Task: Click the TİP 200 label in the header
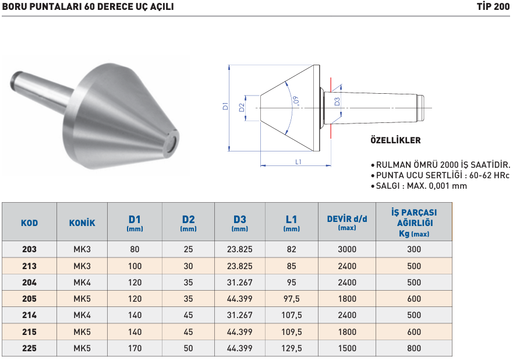click(493, 6)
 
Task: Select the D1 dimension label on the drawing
click(225, 106)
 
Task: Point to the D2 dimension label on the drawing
click(242, 108)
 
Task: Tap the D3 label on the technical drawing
click(337, 102)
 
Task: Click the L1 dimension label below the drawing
click(298, 162)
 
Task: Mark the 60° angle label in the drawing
click(296, 101)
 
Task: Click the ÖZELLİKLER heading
click(395, 140)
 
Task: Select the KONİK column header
click(82, 223)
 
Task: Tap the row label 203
click(29, 249)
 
